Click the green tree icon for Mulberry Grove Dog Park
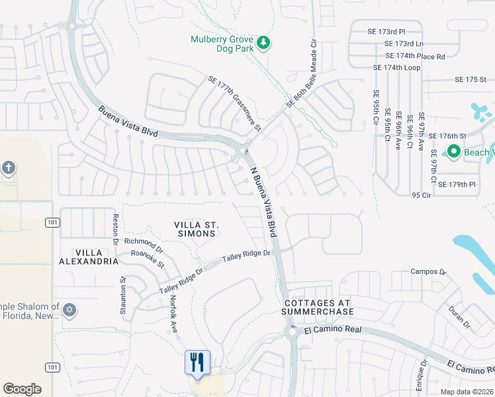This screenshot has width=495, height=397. (x=264, y=43)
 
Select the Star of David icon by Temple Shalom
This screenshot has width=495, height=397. (x=69, y=310)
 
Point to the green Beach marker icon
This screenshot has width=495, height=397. (x=453, y=152)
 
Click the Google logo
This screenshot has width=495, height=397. (x=22, y=389)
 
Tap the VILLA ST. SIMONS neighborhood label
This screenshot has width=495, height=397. (x=196, y=230)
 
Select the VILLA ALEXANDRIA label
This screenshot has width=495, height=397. (x=87, y=257)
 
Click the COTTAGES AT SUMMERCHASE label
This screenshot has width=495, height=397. (x=318, y=307)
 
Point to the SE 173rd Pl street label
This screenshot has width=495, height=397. (x=386, y=31)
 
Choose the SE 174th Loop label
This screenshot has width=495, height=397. (x=396, y=67)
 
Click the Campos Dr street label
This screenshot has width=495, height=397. (x=428, y=271)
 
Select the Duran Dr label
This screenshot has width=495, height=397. (x=458, y=317)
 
